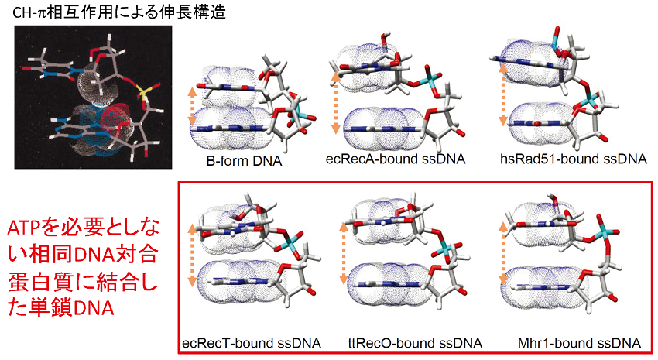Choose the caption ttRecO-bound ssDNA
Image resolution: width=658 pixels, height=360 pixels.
[414, 342]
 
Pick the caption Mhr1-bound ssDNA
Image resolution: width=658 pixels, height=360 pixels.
[581, 342]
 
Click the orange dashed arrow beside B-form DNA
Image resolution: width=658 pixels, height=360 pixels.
[193, 106]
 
